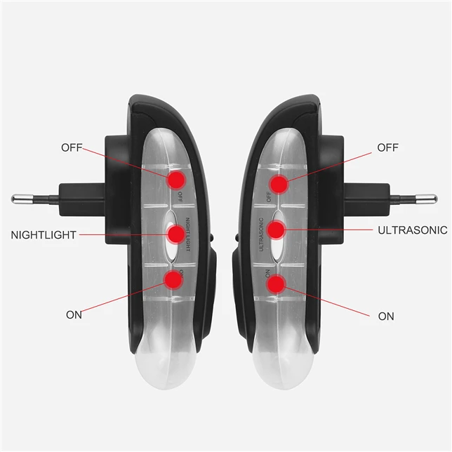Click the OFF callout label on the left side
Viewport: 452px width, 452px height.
click(72, 147)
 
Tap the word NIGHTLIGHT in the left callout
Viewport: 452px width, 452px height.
click(44, 234)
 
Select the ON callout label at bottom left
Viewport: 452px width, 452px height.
click(74, 314)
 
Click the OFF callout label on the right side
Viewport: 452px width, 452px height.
click(388, 147)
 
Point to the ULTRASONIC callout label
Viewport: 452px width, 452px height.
click(413, 230)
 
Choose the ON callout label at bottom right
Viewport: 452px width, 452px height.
click(386, 316)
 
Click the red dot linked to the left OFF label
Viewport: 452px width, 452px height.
click(175, 179)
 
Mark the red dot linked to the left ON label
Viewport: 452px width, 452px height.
click(172, 280)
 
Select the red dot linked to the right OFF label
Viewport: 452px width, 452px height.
click(279, 185)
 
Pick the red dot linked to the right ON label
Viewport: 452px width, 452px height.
click(276, 284)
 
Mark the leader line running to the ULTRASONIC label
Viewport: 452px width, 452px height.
click(326, 229)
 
